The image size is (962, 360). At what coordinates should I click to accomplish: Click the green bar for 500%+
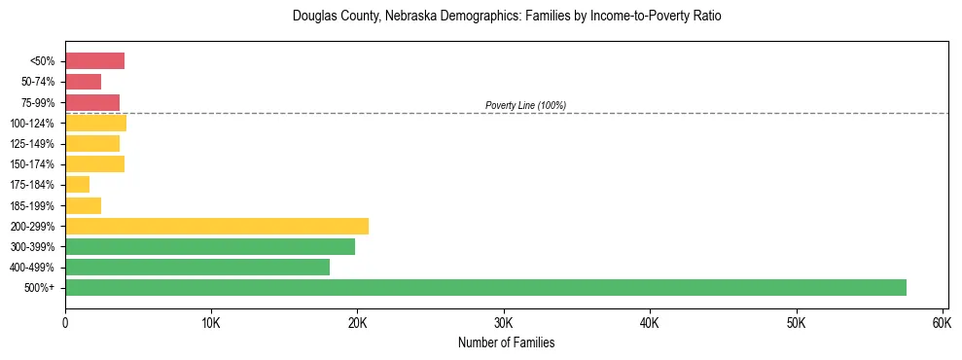click(x=485, y=287)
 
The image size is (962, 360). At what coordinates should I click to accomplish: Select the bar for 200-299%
click(x=217, y=226)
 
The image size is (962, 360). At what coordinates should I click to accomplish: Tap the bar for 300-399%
click(x=210, y=246)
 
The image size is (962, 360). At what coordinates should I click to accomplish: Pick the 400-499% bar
click(x=197, y=267)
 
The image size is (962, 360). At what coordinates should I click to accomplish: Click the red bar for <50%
click(x=94, y=61)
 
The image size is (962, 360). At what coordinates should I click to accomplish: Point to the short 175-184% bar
click(x=77, y=184)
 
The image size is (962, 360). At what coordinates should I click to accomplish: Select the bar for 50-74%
click(x=83, y=82)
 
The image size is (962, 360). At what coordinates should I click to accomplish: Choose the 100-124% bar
click(x=95, y=123)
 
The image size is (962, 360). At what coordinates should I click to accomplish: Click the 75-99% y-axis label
click(x=39, y=102)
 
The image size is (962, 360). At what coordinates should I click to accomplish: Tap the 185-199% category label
click(x=33, y=205)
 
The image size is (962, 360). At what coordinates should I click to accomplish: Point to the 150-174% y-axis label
click(x=33, y=164)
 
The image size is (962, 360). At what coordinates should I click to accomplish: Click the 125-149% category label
click(x=33, y=144)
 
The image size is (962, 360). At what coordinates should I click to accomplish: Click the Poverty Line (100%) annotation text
click(x=525, y=105)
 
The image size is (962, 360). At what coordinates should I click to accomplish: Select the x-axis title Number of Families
click(x=506, y=342)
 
